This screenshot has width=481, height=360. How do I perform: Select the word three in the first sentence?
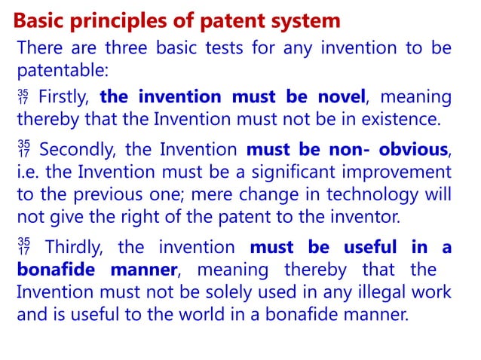click(x=115, y=49)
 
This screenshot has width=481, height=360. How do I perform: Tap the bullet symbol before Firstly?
click(x=23, y=97)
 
